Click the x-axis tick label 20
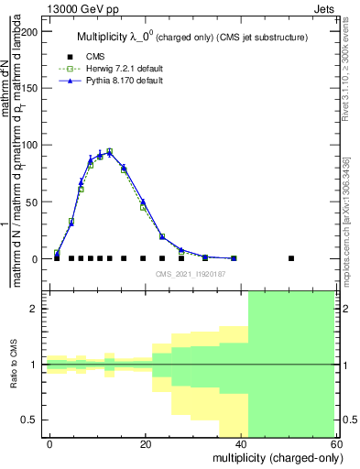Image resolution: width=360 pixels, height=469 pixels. click(x=146, y=443)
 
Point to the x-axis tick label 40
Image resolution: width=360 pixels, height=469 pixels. click(x=242, y=443)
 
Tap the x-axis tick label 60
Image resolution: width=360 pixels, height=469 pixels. click(x=337, y=443)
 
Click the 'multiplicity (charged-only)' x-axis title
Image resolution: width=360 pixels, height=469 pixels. click(x=272, y=457)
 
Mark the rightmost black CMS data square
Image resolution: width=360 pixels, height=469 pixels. click(x=291, y=258)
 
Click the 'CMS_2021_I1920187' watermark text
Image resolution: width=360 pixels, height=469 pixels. click(x=191, y=274)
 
